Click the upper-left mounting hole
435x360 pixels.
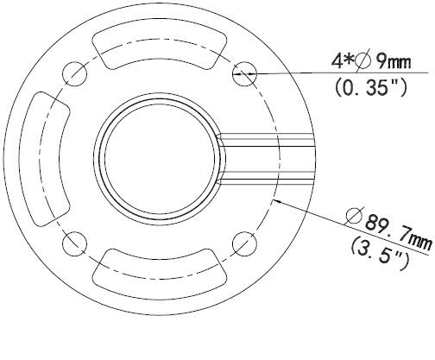(75, 71)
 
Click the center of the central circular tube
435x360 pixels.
(160, 156)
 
